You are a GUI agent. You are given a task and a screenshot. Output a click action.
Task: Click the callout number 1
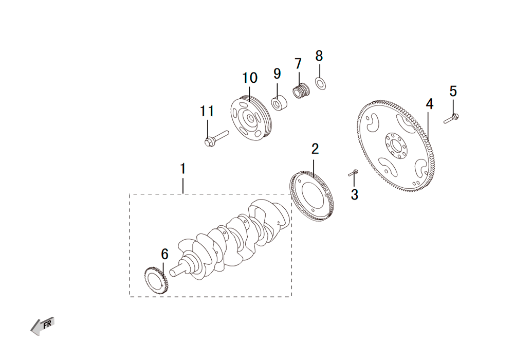pyautogui.click(x=183, y=169)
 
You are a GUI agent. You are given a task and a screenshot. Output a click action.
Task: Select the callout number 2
pyautogui.click(x=315, y=149)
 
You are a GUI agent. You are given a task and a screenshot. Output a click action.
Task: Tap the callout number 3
pyautogui.click(x=354, y=194)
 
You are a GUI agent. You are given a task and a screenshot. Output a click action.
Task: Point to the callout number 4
pyautogui.click(x=429, y=104)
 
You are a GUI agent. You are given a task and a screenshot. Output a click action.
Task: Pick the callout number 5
pyautogui.click(x=453, y=91)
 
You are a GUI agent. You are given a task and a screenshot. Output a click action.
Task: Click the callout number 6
pyautogui.click(x=164, y=254)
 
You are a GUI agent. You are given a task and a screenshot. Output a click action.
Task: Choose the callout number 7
pyautogui.click(x=298, y=64)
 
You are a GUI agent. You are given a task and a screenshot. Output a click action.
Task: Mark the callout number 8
pyautogui.click(x=319, y=56)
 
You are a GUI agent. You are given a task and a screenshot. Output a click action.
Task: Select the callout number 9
pyautogui.click(x=277, y=74)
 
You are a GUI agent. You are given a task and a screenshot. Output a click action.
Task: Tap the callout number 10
pyautogui.click(x=250, y=78)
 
